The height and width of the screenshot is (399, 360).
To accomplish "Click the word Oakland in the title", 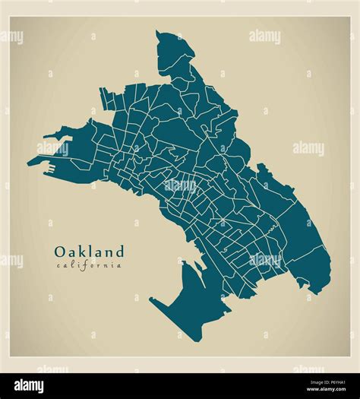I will point(88,251).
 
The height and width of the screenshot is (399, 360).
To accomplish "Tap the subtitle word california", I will point(88,265).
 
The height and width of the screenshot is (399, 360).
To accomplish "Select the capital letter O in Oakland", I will point(59,251).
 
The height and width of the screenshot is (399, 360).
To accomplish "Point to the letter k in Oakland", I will point(82,251).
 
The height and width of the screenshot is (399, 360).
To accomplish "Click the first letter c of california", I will point(57,265).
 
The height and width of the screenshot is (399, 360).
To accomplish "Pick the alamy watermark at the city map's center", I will point(179,185).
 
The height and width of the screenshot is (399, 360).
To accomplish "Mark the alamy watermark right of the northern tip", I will point(265,36).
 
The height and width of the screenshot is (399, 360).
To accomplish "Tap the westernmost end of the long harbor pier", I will point(29,162).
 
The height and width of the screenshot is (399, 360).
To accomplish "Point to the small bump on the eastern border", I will point(261,166).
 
